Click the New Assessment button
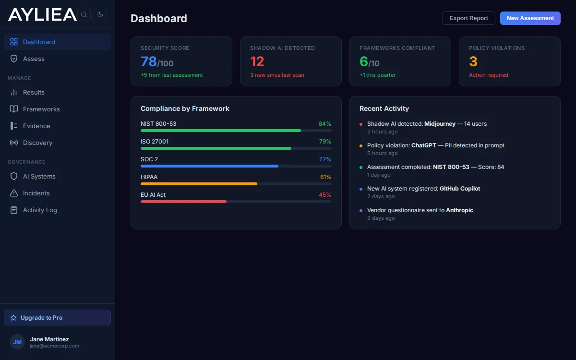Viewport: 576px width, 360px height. click(530, 18)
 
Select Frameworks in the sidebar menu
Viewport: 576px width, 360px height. click(41, 109)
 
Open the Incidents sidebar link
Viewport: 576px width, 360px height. click(36, 193)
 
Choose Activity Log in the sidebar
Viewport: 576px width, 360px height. click(40, 210)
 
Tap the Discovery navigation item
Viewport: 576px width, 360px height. click(37, 143)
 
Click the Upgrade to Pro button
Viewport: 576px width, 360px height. click(57, 318)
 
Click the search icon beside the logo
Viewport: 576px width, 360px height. click(84, 14)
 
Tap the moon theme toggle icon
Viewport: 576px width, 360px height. click(100, 14)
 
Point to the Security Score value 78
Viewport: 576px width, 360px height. click(149, 61)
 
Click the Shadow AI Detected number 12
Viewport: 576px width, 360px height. click(257, 61)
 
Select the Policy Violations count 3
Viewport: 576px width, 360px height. click(473, 61)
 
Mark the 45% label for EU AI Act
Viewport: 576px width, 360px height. click(325, 195)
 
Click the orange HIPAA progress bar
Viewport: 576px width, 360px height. click(199, 184)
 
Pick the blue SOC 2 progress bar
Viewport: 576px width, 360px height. click(209, 166)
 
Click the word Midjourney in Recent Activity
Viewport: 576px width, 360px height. click(440, 124)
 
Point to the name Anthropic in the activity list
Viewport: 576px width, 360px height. click(459, 210)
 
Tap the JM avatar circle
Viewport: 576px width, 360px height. click(17, 342)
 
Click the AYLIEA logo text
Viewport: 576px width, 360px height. click(42, 14)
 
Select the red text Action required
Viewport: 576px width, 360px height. click(488, 75)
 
